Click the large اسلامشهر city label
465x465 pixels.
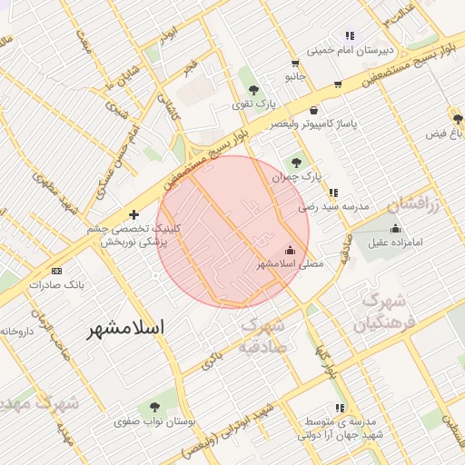(127, 329)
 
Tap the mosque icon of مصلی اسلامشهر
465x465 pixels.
(291, 250)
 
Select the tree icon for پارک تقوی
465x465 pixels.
(253, 90)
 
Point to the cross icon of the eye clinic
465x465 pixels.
(134, 215)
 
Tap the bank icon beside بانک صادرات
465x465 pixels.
(57, 271)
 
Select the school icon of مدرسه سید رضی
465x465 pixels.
(334, 193)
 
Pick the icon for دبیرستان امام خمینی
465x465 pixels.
(350, 36)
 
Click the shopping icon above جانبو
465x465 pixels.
(294, 64)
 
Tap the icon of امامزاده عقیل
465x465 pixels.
(395, 228)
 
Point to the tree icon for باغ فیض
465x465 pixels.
(458, 119)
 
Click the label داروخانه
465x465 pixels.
(15, 331)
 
